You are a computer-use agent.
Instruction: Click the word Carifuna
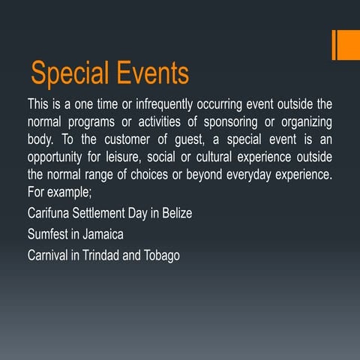pos(49,213)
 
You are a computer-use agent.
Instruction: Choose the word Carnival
pos(49,254)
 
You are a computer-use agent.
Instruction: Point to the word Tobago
pos(161,254)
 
